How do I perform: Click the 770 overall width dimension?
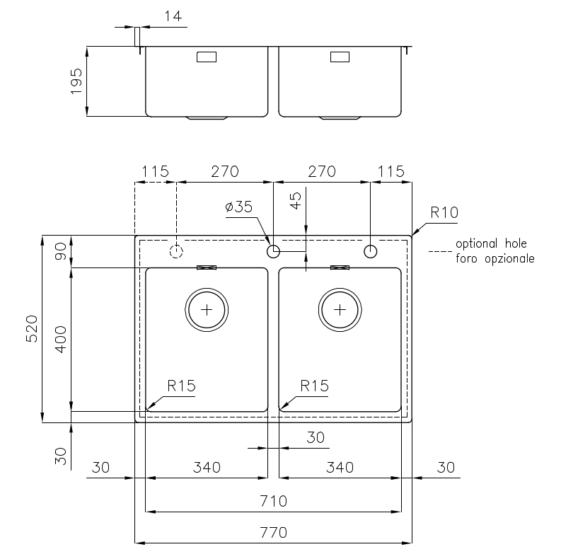[273, 533]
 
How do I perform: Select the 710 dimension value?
[273, 501]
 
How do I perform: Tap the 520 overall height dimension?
[32, 328]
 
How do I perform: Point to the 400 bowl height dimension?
[61, 339]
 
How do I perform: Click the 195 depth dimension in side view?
[76, 81]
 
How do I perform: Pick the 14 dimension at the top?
[173, 16]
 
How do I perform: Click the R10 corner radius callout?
[444, 212]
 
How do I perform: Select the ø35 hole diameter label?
[238, 207]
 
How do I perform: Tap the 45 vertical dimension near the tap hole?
[296, 200]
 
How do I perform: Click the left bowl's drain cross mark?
[207, 309]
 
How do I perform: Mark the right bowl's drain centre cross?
[340, 309]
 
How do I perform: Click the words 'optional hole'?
[491, 243]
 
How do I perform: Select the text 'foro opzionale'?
[495, 258]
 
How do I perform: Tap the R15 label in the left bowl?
[181, 386]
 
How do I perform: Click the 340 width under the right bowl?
[340, 468]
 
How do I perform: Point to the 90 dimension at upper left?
[61, 251]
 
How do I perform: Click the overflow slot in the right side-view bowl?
[340, 57]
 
